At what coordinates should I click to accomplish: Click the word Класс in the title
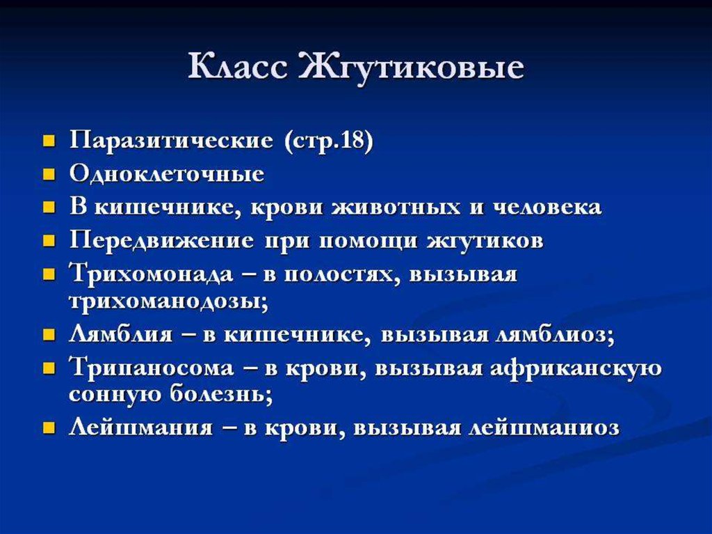pyautogui.click(x=238, y=67)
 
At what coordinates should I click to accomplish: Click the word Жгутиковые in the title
pyautogui.click(x=412, y=68)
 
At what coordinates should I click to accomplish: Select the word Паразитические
pyautogui.click(x=172, y=141)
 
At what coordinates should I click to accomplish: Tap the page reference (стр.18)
pyautogui.click(x=329, y=141)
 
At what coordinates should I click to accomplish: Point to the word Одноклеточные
pyautogui.click(x=167, y=173)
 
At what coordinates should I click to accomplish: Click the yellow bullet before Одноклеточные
pyautogui.click(x=49, y=175)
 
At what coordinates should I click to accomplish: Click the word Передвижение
pyautogui.click(x=161, y=240)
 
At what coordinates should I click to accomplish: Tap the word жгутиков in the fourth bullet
pyautogui.click(x=485, y=241)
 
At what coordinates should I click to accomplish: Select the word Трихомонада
pyautogui.click(x=151, y=274)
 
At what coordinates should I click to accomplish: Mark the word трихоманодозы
pyautogui.click(x=168, y=302)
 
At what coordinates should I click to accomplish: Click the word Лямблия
pyautogui.click(x=121, y=335)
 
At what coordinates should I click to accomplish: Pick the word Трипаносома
pyautogui.click(x=152, y=368)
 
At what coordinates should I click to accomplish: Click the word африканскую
pyautogui.click(x=576, y=368)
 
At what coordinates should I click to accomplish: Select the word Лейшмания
pyautogui.click(x=140, y=428)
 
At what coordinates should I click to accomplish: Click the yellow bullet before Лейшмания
pyautogui.click(x=49, y=428)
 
